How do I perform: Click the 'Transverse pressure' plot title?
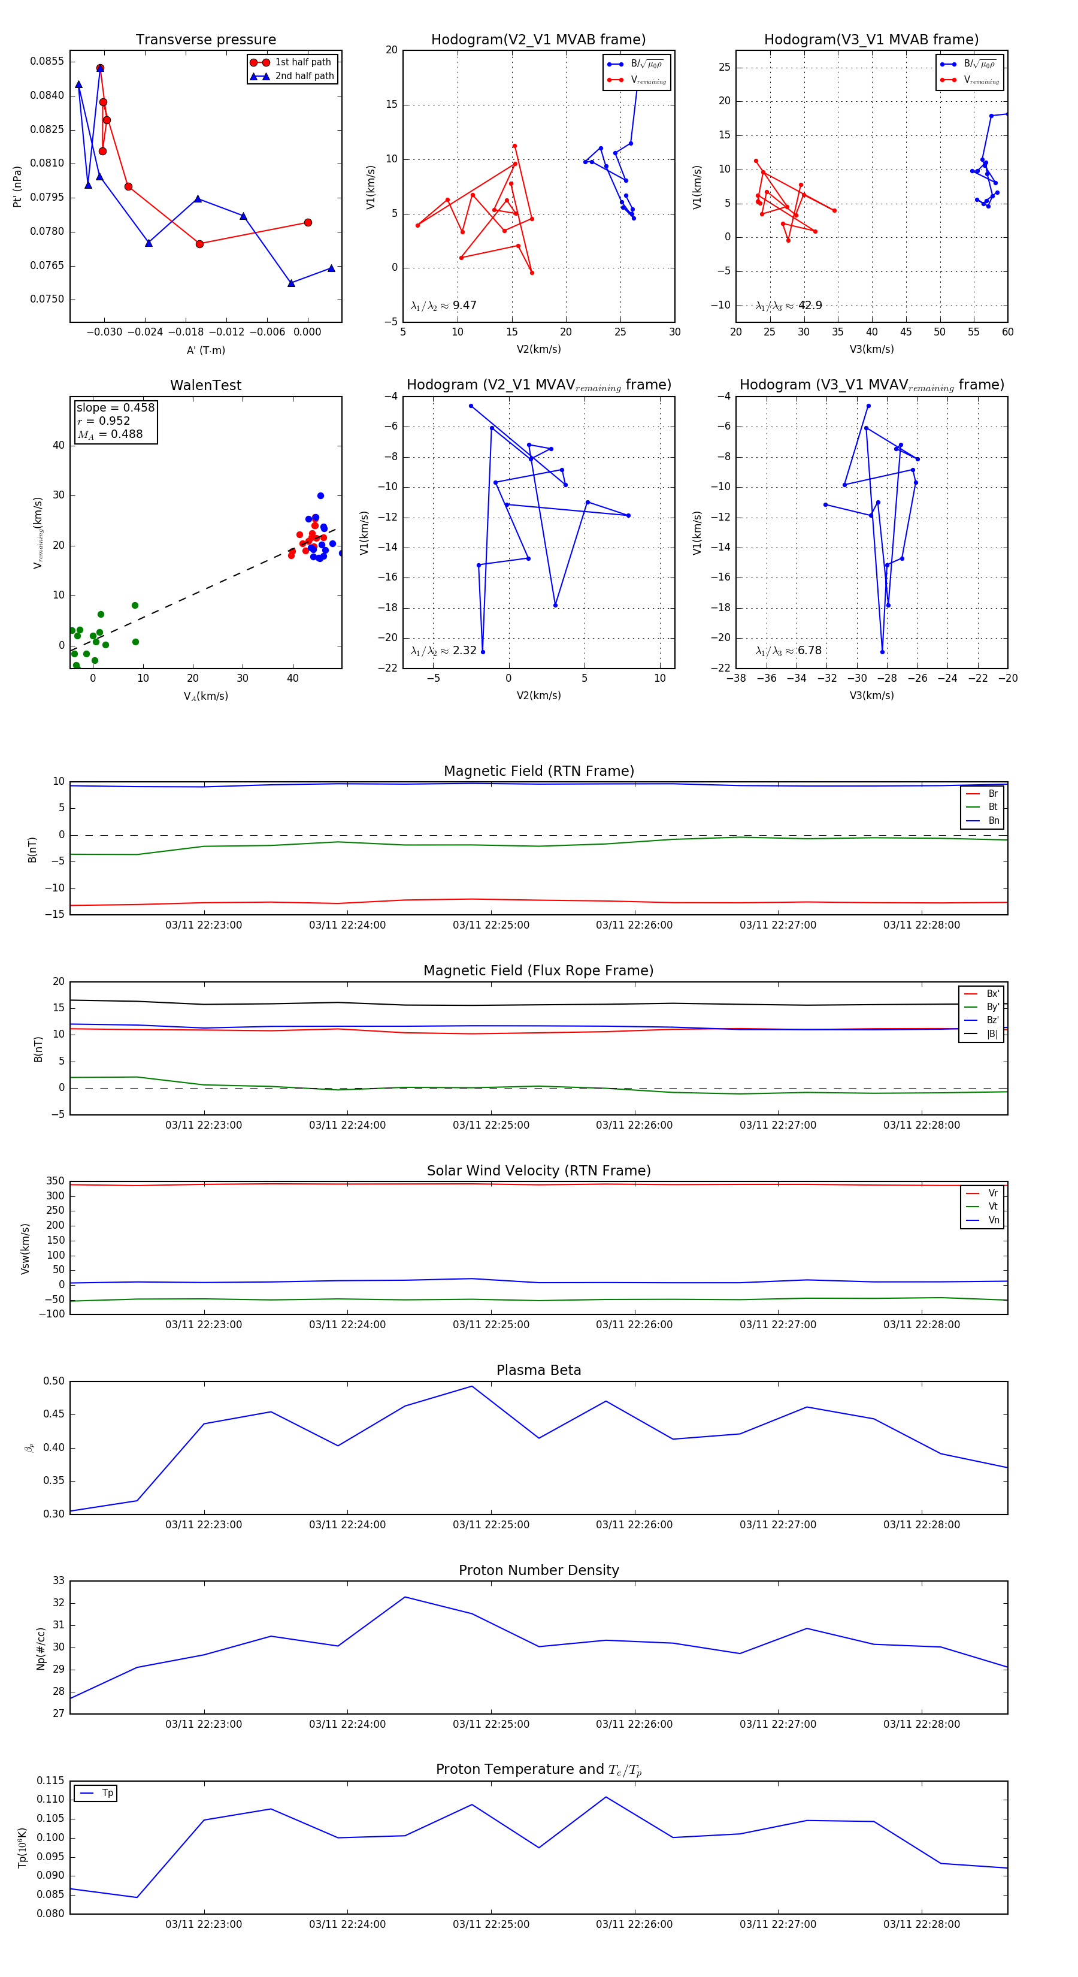pyautogui.click(x=205, y=40)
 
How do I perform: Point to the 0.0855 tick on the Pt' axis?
pyautogui.click(x=47, y=61)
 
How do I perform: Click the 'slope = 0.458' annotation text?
pyautogui.click(x=115, y=407)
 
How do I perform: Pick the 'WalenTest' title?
pyautogui.click(x=205, y=385)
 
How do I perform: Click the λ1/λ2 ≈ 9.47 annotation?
pyautogui.click(x=443, y=306)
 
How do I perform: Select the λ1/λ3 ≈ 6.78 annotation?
pyautogui.click(x=789, y=651)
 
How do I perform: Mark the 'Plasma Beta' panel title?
pyautogui.click(x=538, y=1370)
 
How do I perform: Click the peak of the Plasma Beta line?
pyautogui.click(x=472, y=1386)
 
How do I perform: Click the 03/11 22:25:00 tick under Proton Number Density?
pyautogui.click(x=491, y=1724)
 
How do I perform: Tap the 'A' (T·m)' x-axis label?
pyautogui.click(x=205, y=350)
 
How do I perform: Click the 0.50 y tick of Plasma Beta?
pyautogui.click(x=54, y=1382)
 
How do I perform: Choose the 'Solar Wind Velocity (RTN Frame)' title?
pyautogui.click(x=538, y=1171)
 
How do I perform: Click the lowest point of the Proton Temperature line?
pyautogui.click(x=137, y=1897)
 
